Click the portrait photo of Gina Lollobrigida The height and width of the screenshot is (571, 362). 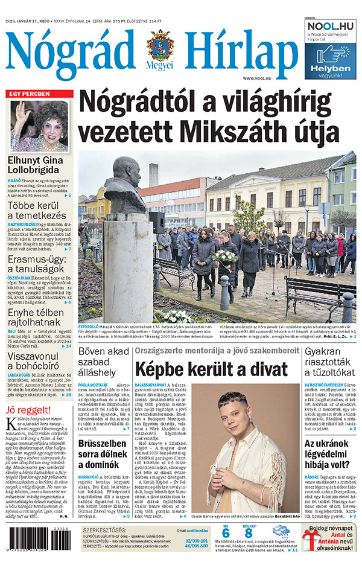tap(40, 126)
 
